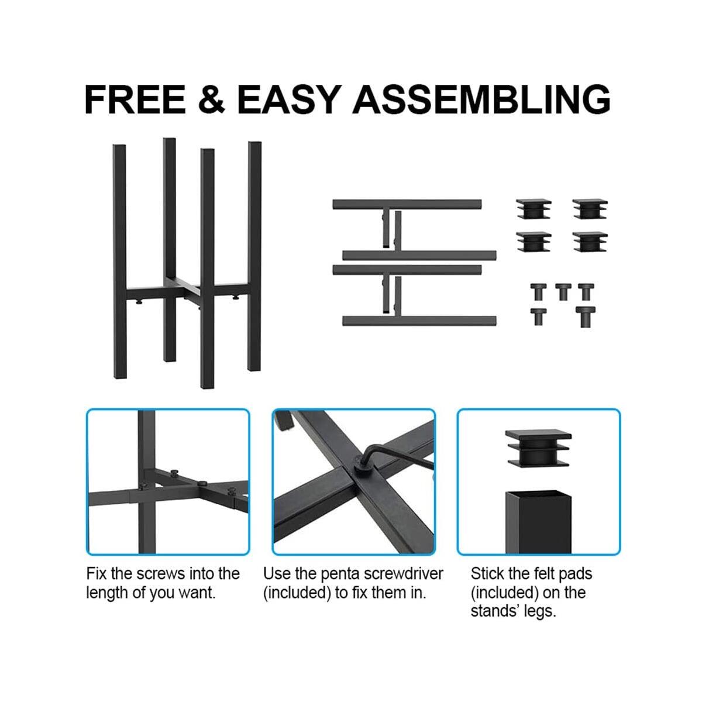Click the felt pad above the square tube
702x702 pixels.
click(537, 447)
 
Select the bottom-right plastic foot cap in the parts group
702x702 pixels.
click(590, 242)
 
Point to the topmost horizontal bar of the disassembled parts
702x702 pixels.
click(407, 204)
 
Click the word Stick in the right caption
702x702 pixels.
click(487, 573)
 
